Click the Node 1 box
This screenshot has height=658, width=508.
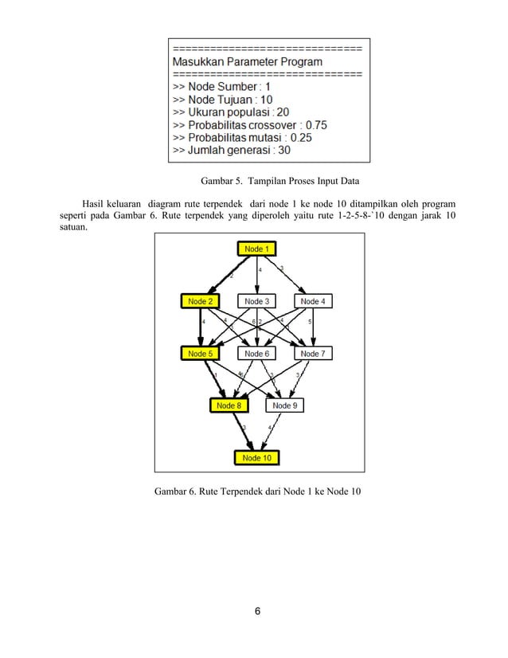coord(256,249)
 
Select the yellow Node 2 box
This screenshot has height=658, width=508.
coord(200,301)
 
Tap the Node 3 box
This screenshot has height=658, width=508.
coord(256,301)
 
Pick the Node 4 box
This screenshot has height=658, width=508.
coord(311,301)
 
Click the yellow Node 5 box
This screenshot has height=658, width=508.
coord(200,353)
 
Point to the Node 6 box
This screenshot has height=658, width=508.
coord(256,353)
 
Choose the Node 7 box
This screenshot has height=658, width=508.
coord(311,353)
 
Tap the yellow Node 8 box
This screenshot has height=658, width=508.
coord(228,405)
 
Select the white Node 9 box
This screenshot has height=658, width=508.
coord(284,405)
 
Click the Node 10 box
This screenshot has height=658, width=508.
coord(256,457)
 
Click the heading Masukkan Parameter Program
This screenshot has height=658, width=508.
coord(247,61)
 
